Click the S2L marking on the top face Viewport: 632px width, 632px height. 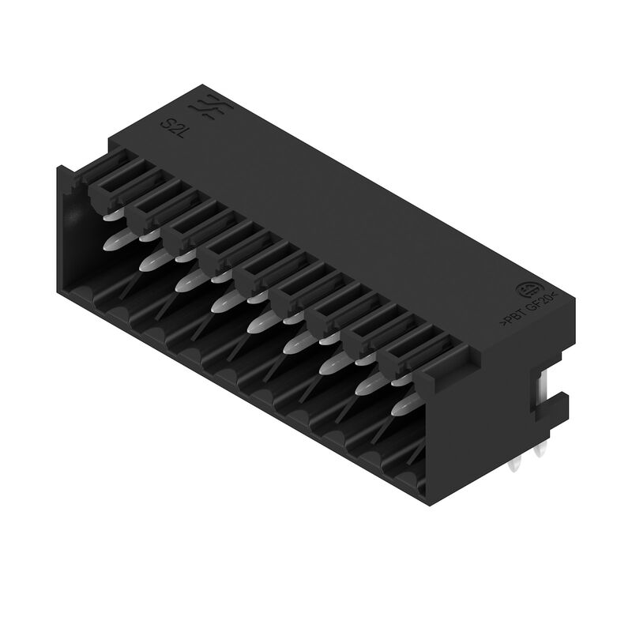pyautogui.click(x=170, y=126)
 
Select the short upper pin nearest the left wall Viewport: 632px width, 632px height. pyautogui.click(x=111, y=213)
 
